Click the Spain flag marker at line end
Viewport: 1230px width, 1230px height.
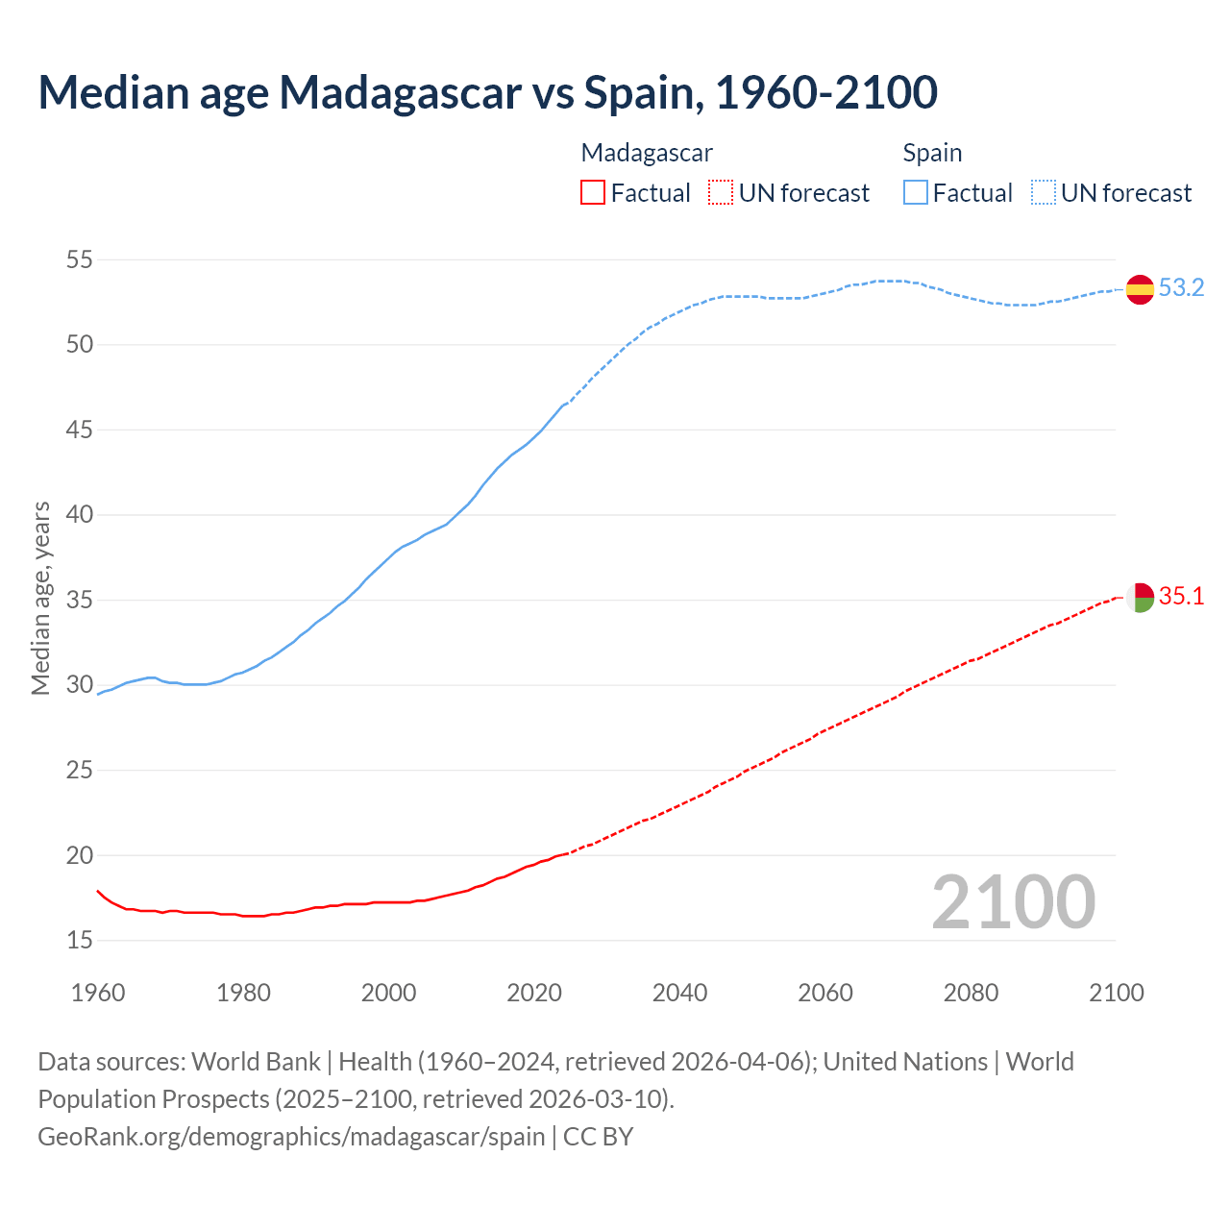click(1140, 289)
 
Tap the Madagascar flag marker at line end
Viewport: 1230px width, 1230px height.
click(1140, 598)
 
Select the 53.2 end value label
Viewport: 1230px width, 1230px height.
click(1181, 288)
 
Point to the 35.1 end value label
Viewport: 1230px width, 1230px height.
click(1181, 597)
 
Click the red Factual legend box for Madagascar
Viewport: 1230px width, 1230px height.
click(593, 193)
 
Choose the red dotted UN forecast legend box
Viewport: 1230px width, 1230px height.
click(721, 193)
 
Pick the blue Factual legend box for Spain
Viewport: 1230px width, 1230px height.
click(916, 193)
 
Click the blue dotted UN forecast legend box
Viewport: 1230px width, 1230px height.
click(1044, 193)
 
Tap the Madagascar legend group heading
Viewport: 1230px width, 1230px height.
click(647, 153)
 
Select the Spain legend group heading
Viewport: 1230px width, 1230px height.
click(932, 153)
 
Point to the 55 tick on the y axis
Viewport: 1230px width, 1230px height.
click(79, 259)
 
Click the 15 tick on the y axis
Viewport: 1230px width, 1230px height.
click(79, 940)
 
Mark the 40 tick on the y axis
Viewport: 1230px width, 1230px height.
click(79, 515)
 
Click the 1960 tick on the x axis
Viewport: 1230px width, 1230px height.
click(98, 993)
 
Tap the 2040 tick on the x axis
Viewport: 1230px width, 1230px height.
click(679, 993)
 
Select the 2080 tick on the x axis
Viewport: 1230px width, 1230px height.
click(971, 993)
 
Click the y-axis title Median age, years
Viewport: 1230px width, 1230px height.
click(40, 598)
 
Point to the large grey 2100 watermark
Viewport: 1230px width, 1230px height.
click(1014, 901)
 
